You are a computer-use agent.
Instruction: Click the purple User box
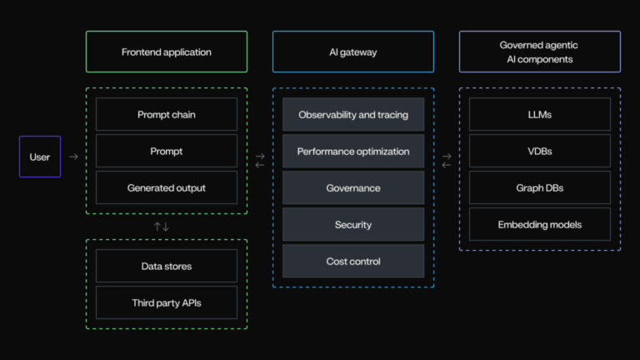pos(40,157)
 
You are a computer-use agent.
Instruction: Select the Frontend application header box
pos(167,52)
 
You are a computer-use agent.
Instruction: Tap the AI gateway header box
pos(353,52)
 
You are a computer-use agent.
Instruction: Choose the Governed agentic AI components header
pos(540,52)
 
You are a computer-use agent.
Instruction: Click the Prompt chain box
pos(167,114)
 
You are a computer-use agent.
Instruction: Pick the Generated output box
pos(167,187)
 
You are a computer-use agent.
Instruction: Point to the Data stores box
pos(167,266)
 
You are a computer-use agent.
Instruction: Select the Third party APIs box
pos(167,302)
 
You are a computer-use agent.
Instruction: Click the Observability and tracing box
pos(353,114)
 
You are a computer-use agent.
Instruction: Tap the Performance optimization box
pos(353,151)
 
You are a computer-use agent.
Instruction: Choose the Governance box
pos(353,187)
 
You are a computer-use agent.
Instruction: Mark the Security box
pos(353,224)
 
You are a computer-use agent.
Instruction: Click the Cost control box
pos(353,261)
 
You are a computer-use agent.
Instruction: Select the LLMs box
pos(540,114)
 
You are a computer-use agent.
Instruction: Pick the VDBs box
pos(540,151)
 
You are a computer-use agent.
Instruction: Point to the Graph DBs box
pos(540,187)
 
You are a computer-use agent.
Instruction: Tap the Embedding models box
pos(540,224)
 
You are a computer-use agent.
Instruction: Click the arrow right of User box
pos(73,157)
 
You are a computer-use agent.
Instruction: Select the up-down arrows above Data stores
pos(162,227)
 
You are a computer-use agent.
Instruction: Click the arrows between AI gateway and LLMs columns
pos(447,160)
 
